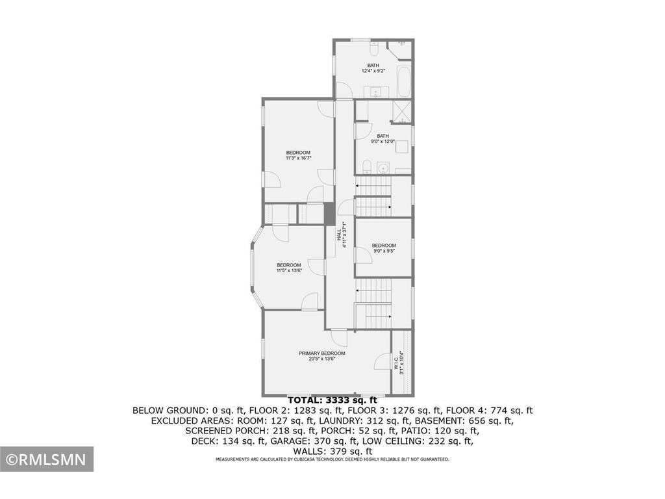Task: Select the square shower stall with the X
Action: click(403, 112)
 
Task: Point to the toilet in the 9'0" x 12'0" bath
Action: click(366, 165)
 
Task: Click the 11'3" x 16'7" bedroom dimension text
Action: click(299, 158)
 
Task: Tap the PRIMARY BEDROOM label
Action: click(321, 353)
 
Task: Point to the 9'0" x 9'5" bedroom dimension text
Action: click(384, 251)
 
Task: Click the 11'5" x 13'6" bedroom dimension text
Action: click(289, 270)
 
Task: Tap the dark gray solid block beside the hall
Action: click(330, 213)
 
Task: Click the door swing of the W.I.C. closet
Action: click(383, 361)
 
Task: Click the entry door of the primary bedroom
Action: click(338, 339)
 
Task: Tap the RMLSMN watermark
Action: click(46, 460)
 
